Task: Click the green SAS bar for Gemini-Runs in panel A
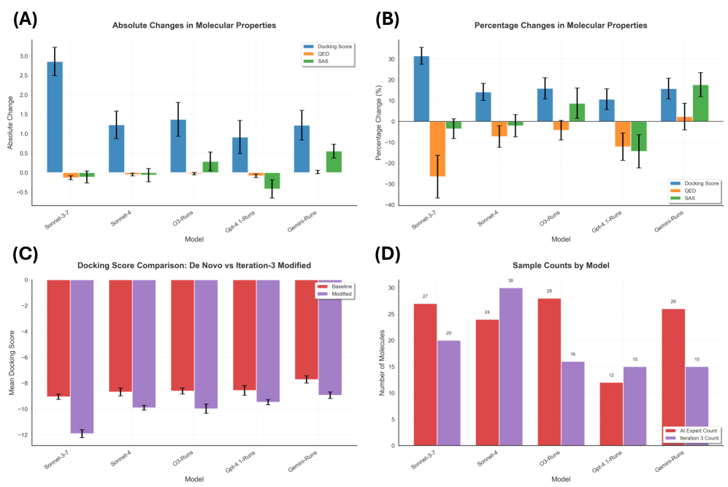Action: point(333,161)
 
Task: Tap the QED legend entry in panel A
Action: point(328,53)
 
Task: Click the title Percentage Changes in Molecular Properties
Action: point(551,26)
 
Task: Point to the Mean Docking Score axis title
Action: point(12,362)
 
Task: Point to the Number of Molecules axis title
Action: point(382,362)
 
